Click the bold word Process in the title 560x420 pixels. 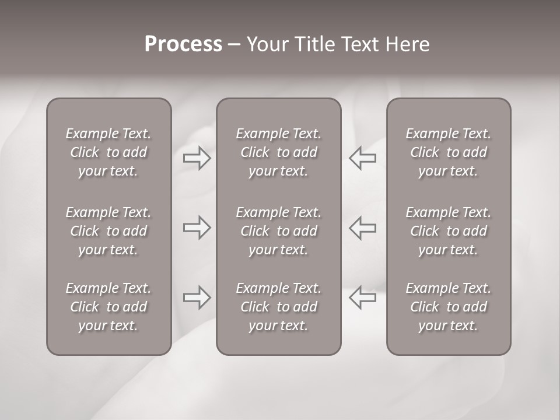(183, 44)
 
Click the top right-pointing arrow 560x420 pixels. (197, 158)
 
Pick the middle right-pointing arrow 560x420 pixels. (197, 228)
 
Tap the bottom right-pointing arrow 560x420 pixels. (197, 297)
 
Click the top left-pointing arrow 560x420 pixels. (363, 158)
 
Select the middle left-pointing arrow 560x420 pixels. (363, 228)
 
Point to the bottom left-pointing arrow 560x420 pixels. (363, 297)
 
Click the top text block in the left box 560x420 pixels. (108, 152)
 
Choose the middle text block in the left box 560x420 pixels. (108, 231)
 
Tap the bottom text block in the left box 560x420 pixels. (108, 307)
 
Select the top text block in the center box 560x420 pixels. (278, 152)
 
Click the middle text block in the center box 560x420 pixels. (278, 231)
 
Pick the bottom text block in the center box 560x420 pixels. (278, 307)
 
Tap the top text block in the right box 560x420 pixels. (448, 152)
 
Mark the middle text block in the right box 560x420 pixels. (448, 231)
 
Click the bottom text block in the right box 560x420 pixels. (448, 307)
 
